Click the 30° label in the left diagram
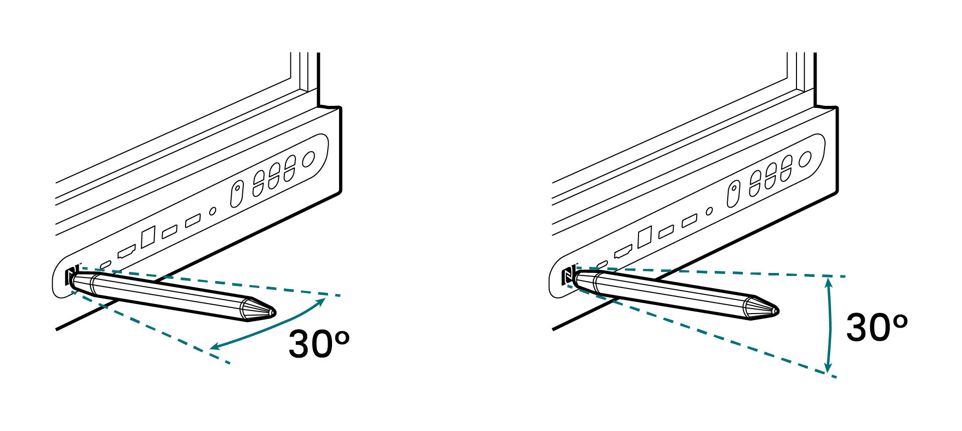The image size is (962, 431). pyautogui.click(x=318, y=344)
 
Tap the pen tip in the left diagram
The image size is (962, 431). pyautogui.click(x=272, y=312)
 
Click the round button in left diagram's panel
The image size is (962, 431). pyautogui.click(x=308, y=159)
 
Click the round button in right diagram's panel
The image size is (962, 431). pyautogui.click(x=805, y=159)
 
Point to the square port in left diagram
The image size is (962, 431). pyautogui.click(x=148, y=237)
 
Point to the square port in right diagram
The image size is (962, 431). pyautogui.click(x=645, y=236)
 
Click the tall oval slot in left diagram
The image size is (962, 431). pyautogui.click(x=237, y=194)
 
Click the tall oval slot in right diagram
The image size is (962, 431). pyautogui.click(x=733, y=194)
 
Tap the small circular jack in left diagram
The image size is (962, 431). pyautogui.click(x=213, y=211)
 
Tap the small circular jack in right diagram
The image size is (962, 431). pyautogui.click(x=709, y=211)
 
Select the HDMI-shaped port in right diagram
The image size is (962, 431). pyautogui.click(x=623, y=250)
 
